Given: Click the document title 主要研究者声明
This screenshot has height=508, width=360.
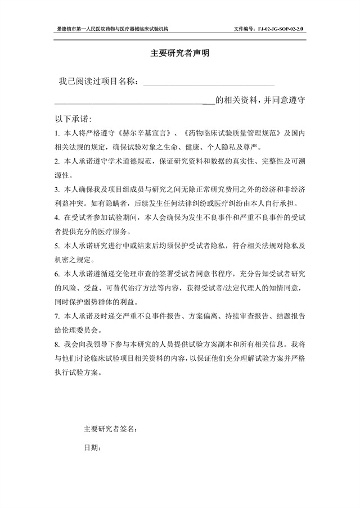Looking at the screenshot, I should click(179, 54).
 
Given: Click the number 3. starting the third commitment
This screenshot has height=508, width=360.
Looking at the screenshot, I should click(57, 189).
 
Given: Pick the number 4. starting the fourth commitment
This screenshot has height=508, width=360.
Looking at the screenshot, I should click(57, 217).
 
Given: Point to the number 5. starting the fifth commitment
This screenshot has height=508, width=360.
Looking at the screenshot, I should click(57, 246).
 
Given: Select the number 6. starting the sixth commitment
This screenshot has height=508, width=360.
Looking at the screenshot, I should click(57, 274).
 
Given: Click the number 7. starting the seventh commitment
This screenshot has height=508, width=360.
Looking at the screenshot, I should click(57, 316).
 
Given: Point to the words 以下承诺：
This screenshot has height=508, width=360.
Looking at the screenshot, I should click(73, 119).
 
